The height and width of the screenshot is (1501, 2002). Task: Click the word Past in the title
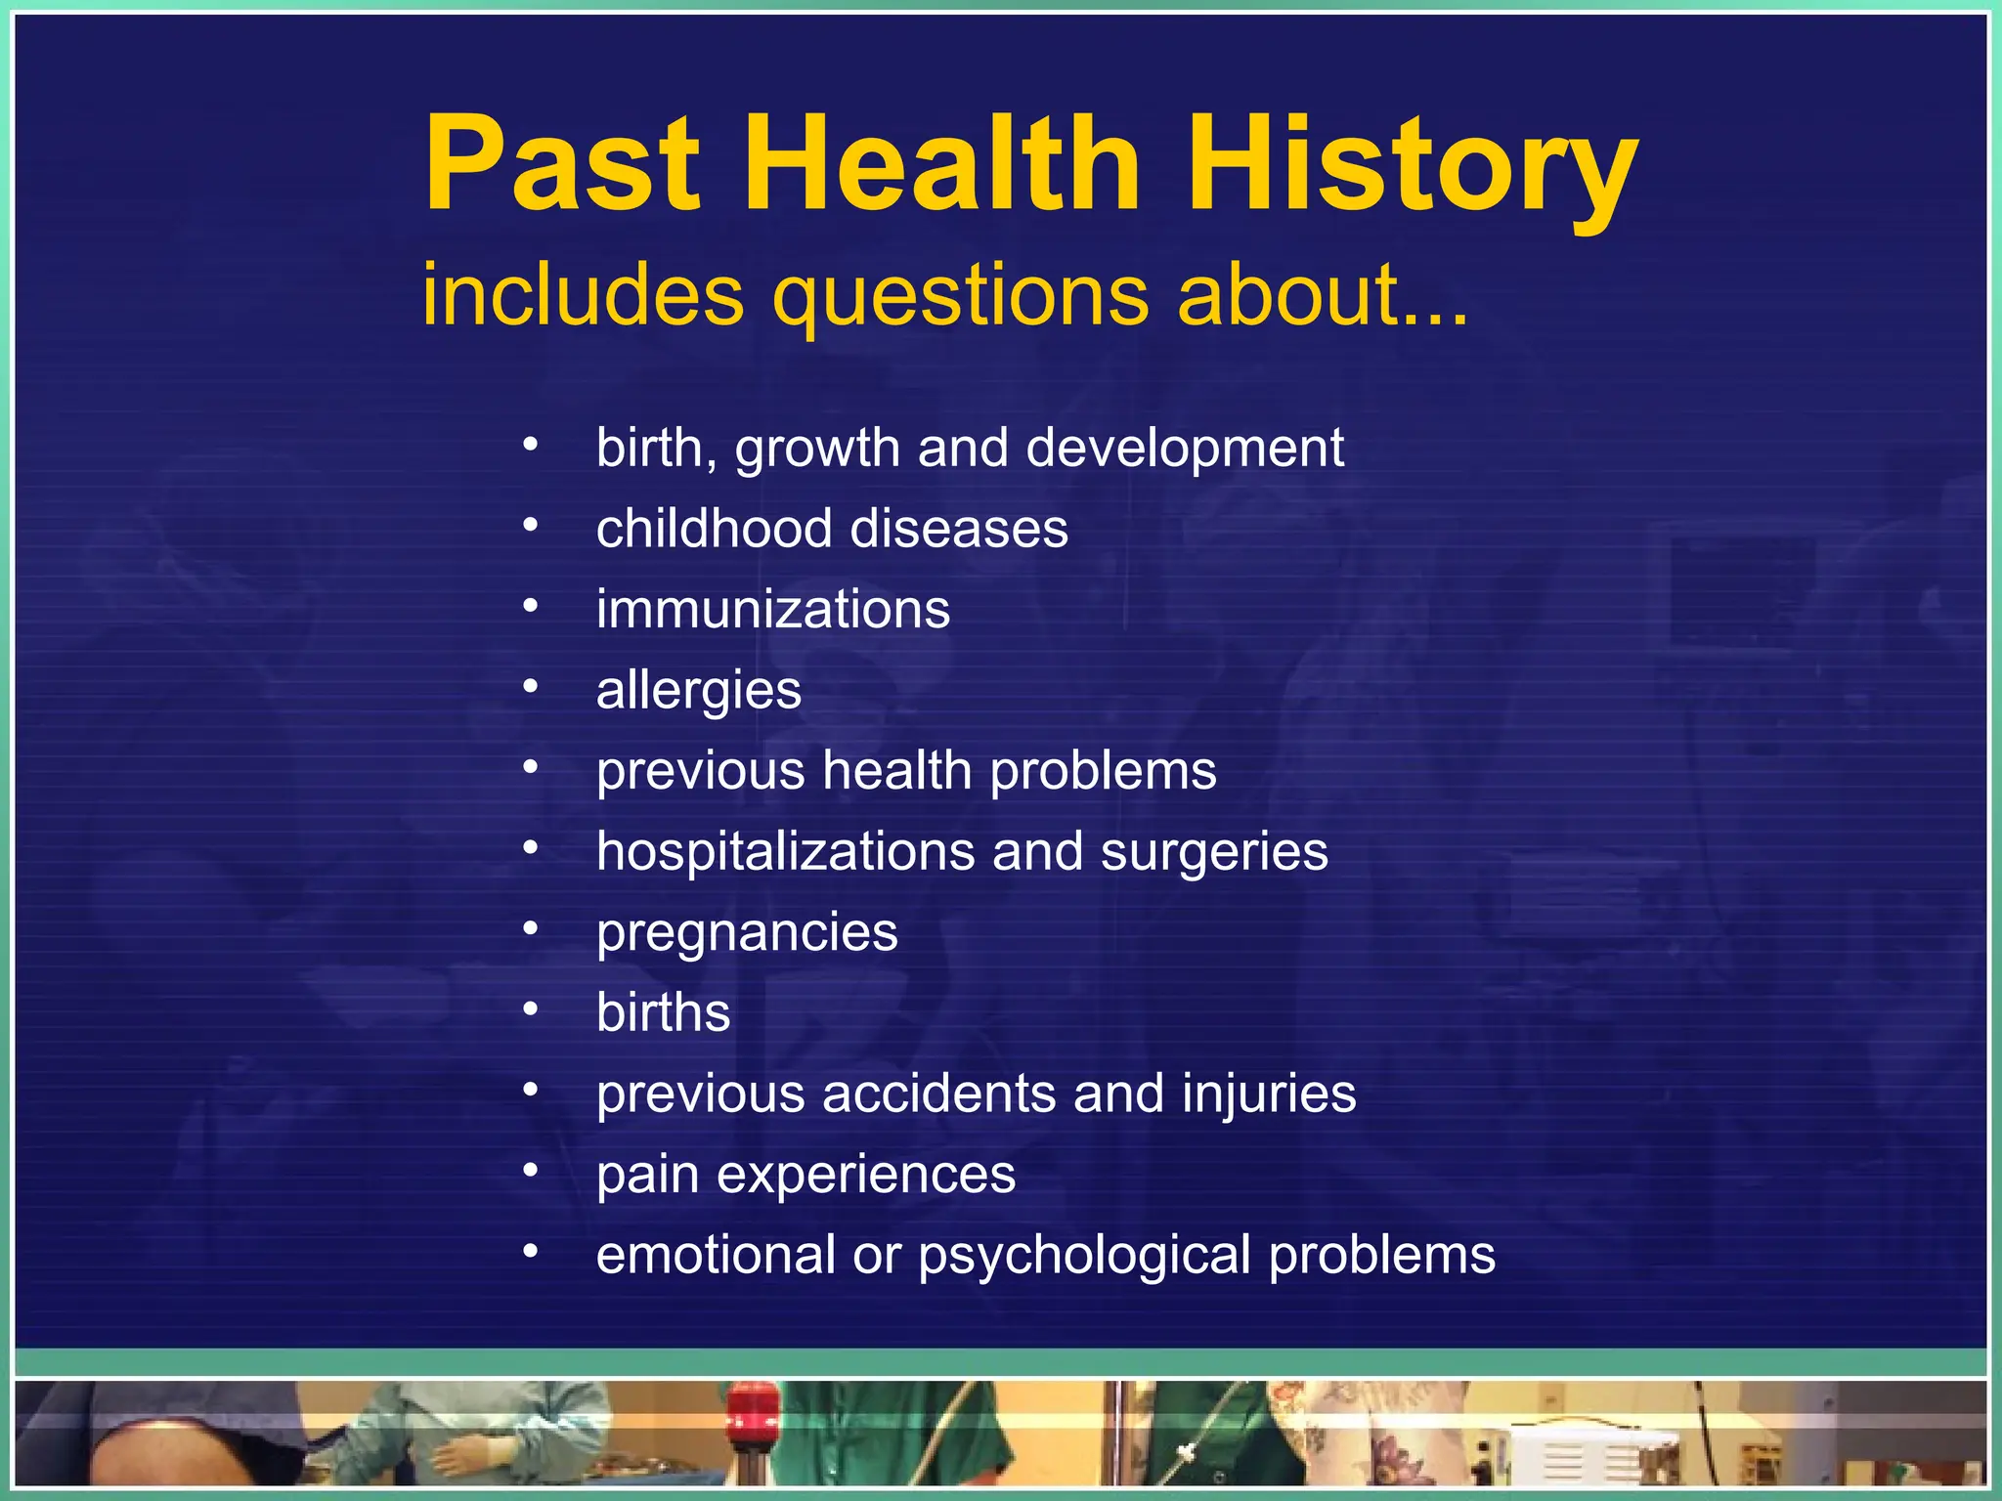[561, 164]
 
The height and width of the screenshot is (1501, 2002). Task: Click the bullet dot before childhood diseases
[530, 526]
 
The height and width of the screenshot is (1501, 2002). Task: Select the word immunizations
[772, 609]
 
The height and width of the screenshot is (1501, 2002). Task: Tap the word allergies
[698, 691]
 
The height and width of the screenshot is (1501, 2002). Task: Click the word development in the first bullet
[1185, 449]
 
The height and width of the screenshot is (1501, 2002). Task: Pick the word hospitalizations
[785, 851]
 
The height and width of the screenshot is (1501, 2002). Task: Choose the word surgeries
[1214, 852]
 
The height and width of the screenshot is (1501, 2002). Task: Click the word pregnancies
[747, 933]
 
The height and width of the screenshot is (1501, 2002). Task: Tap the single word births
[663, 1012]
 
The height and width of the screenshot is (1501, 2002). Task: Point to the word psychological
[1084, 1256]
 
